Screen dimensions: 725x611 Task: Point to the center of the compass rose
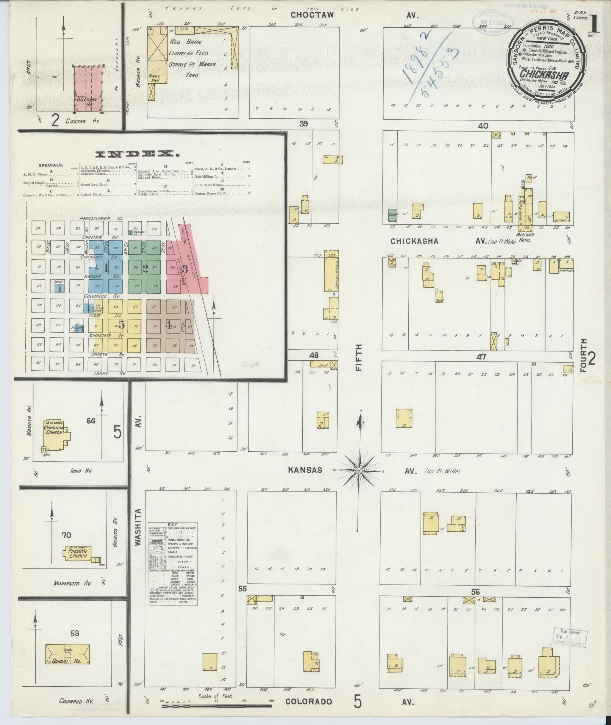(x=358, y=471)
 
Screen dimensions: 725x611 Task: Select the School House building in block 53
(x=68, y=654)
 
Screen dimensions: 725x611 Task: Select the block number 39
(x=303, y=124)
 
